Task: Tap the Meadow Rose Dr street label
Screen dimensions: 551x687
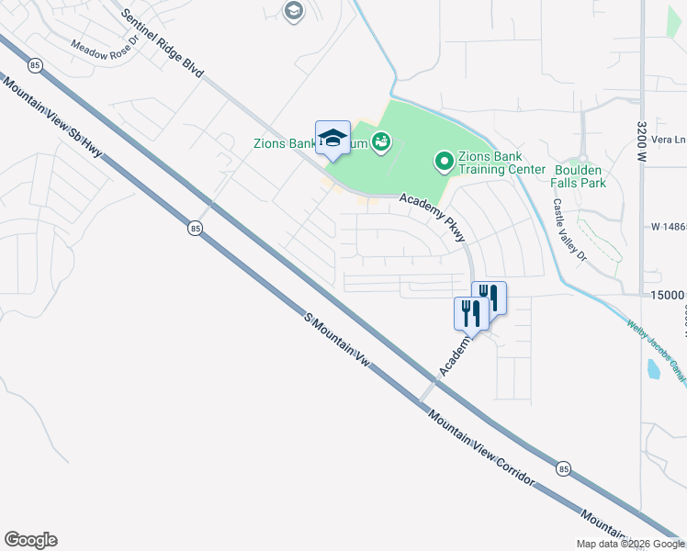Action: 103,47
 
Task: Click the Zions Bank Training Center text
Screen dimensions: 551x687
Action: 490,163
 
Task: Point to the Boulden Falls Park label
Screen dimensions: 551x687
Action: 580,175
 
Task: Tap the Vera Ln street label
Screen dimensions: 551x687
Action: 668,140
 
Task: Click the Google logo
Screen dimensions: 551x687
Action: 30,540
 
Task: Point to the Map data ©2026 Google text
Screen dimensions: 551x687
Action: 630,544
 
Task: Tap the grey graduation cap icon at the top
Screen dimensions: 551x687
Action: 294,11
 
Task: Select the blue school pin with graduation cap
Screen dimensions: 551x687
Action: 332,138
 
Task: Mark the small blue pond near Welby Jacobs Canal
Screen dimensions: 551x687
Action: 653,369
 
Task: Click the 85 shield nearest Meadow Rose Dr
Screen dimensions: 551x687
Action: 35,65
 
